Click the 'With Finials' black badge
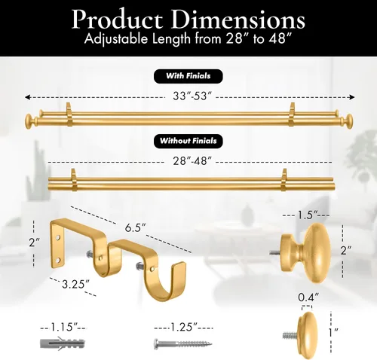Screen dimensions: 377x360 pyautogui.click(x=188, y=76)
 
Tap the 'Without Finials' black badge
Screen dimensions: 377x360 pyautogui.click(x=188, y=141)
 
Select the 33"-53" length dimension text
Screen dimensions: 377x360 pyautogui.click(x=192, y=96)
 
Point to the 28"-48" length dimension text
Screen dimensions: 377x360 pyautogui.click(x=192, y=161)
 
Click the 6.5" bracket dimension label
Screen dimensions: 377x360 pyautogui.click(x=135, y=228)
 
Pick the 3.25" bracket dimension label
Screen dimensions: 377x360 pyautogui.click(x=76, y=284)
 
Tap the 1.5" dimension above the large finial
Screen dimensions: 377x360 pyautogui.click(x=308, y=215)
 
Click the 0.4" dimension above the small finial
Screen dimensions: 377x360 pyautogui.click(x=308, y=297)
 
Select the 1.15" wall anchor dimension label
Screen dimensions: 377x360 pyautogui.click(x=64, y=327)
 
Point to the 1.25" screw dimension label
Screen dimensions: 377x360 pyautogui.click(x=184, y=327)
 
